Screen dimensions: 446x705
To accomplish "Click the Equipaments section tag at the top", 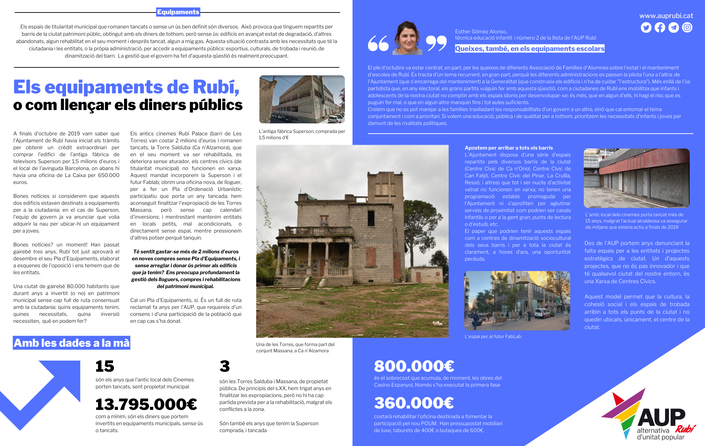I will [178, 12].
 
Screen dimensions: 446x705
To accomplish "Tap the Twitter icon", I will [646, 27].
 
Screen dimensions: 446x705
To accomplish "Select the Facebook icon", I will [660, 27].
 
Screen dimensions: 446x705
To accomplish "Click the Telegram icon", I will [673, 27].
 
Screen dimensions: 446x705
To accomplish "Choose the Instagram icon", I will [687, 27].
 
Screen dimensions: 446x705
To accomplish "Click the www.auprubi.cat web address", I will [666, 16].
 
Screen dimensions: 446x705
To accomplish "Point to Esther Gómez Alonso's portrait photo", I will [407, 38].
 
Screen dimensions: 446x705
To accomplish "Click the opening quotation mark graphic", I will [378, 43].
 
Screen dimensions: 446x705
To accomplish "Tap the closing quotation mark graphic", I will [436, 43].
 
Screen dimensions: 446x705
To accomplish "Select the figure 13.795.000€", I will [146, 404].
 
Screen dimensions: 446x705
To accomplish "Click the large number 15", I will [105, 366].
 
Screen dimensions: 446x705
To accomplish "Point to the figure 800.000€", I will [414, 366].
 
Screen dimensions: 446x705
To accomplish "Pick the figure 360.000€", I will [414, 403].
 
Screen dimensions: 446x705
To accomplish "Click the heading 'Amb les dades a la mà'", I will [72, 343].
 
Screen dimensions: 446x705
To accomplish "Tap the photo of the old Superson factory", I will [302, 99].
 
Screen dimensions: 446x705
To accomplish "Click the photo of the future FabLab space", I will [517, 301].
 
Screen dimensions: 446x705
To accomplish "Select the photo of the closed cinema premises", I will [637, 178].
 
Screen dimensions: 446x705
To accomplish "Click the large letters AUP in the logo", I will [661, 418].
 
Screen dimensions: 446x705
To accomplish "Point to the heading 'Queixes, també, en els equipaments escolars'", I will [530, 49].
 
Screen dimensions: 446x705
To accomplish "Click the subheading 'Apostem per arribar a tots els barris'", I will [509, 148].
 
